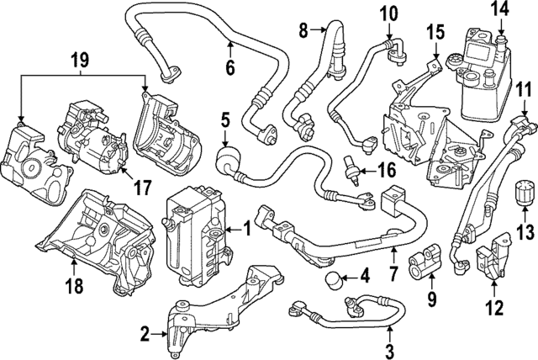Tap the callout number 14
click(500, 11)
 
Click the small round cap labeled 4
click(334, 278)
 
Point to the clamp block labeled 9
click(425, 266)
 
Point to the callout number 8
click(304, 32)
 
